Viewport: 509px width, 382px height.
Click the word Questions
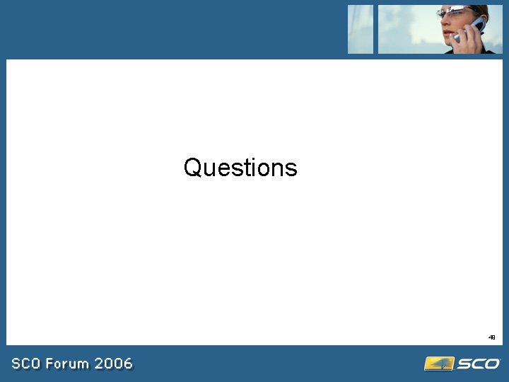[x=240, y=168]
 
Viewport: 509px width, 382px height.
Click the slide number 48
[x=491, y=338]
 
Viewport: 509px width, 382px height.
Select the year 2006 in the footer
[x=113, y=364]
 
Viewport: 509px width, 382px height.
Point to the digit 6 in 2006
[x=127, y=364]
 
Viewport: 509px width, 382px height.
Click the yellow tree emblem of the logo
[x=438, y=364]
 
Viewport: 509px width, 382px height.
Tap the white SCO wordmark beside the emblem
[x=478, y=364]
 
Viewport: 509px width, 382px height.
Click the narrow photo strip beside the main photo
[x=361, y=29]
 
